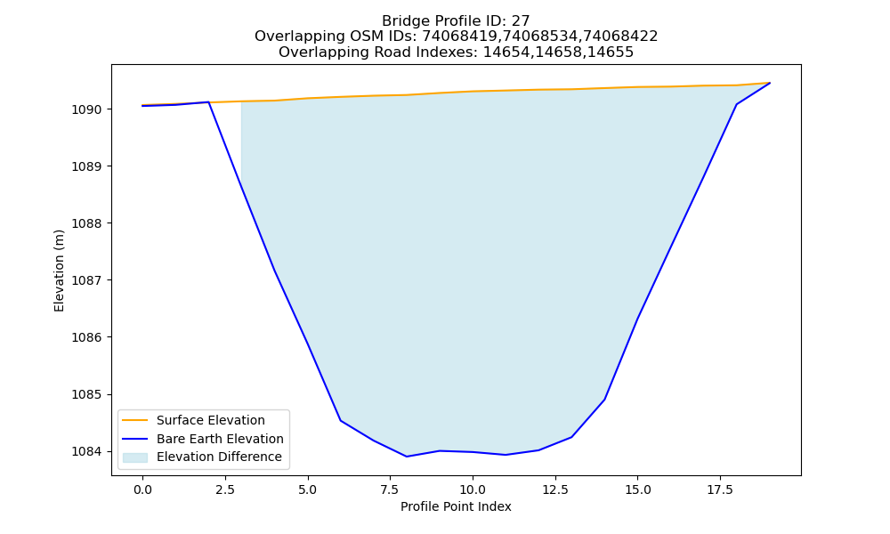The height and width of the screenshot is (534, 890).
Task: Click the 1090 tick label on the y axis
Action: click(x=88, y=109)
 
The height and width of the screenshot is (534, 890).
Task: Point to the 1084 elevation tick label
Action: click(x=88, y=452)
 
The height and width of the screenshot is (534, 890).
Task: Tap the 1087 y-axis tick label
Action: click(x=88, y=280)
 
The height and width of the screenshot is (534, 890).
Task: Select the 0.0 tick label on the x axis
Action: click(x=142, y=489)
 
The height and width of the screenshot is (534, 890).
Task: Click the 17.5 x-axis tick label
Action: click(x=720, y=489)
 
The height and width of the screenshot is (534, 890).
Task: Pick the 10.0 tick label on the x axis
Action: click(x=473, y=489)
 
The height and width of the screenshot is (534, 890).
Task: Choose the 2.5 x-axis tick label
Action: click(x=225, y=489)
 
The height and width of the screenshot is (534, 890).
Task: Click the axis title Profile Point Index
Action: click(x=456, y=506)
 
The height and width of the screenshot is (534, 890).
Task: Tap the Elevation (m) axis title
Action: click(x=59, y=271)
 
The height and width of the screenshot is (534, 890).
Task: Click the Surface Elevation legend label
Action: click(x=211, y=420)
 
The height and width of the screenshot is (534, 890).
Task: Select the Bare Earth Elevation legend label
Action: click(x=220, y=439)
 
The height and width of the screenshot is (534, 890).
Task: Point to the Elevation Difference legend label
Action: click(x=219, y=457)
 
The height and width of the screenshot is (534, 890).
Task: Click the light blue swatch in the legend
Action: click(x=135, y=457)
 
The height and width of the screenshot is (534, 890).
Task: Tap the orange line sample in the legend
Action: click(x=135, y=420)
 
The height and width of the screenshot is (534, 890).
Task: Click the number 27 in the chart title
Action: click(x=521, y=21)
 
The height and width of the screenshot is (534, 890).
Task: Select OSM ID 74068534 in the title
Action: click(x=540, y=36)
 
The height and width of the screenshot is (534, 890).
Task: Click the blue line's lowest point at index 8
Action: click(x=407, y=457)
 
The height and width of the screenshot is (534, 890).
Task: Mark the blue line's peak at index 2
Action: click(x=208, y=102)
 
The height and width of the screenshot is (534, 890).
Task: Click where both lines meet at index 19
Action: click(x=770, y=83)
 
